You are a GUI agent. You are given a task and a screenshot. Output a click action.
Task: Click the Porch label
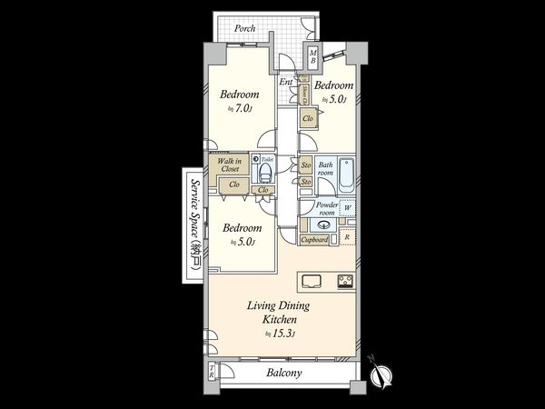point(244,29)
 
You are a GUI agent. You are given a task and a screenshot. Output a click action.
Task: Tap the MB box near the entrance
point(312,55)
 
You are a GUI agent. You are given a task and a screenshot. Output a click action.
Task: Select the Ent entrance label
point(286,83)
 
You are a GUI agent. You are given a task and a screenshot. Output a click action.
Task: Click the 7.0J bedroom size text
point(243,109)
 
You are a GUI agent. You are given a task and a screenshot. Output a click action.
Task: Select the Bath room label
point(326,169)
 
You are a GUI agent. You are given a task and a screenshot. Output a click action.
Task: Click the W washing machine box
point(348,208)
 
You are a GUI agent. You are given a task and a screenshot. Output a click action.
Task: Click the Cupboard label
point(314,240)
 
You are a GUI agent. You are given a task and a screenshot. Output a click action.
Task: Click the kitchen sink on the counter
point(312,279)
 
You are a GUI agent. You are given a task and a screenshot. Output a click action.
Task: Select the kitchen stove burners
point(345,279)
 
